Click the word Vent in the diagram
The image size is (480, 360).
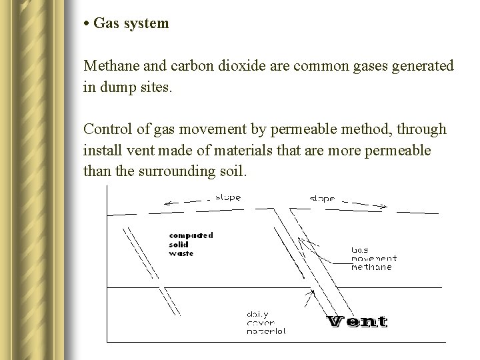tap(357, 321)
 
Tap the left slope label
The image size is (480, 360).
tap(227, 197)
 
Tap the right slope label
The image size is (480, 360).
tap(323, 199)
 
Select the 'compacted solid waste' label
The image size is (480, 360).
tap(191, 244)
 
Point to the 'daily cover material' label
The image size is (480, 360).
tap(266, 322)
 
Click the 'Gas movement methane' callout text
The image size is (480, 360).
tap(373, 259)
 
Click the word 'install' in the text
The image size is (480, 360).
tap(101, 150)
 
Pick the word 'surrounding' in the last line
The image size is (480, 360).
tap(175, 171)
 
